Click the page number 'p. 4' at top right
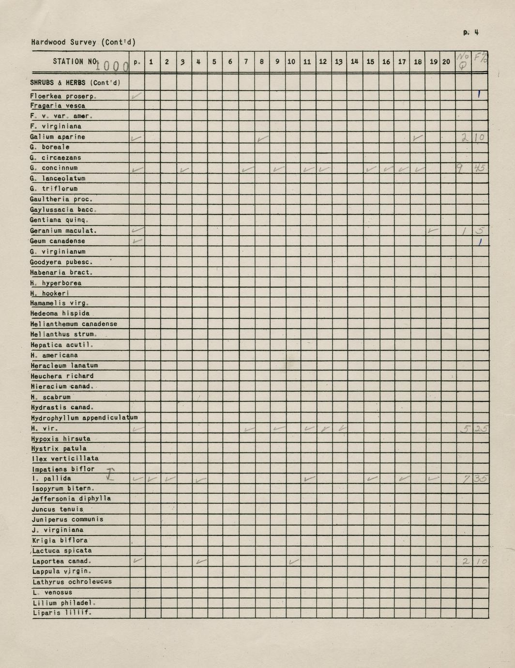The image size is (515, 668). (x=470, y=33)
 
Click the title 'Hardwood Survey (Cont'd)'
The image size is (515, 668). (x=83, y=42)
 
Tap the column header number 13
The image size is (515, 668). (x=339, y=62)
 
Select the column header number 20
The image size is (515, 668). (x=446, y=62)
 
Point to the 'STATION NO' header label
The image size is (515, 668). (x=75, y=61)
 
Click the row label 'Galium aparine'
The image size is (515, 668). (x=57, y=137)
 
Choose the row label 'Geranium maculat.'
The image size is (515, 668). (x=63, y=231)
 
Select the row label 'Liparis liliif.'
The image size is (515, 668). (x=61, y=613)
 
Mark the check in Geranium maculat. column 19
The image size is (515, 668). (x=433, y=231)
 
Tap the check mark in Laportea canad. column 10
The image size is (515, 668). (x=293, y=562)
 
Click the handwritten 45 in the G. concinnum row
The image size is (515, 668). (x=480, y=168)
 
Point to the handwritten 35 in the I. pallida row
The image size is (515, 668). (x=480, y=479)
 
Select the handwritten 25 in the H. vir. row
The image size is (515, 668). (x=480, y=428)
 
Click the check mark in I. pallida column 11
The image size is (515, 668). (x=309, y=479)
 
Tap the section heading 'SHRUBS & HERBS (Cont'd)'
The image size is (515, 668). (x=75, y=83)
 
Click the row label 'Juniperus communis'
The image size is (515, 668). (x=67, y=519)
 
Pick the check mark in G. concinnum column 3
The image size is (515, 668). (x=184, y=169)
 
